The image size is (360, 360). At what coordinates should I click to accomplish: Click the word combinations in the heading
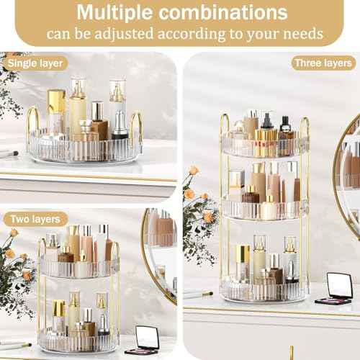click(230, 14)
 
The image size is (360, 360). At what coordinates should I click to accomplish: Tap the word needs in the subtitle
click(302, 34)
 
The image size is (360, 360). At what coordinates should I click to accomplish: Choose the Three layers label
click(323, 63)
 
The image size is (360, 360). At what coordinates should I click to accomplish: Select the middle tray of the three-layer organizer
click(264, 209)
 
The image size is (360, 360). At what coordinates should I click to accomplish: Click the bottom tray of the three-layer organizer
click(264, 288)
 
